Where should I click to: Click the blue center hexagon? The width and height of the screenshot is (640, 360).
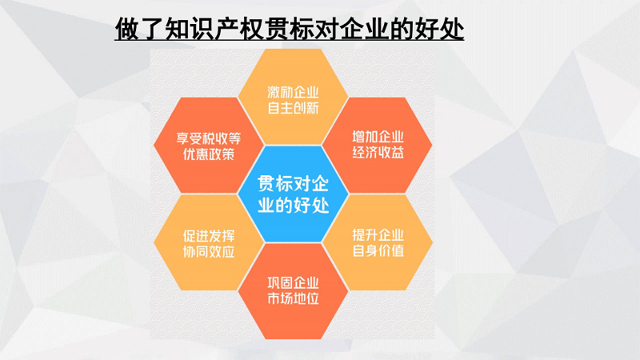click(293, 194)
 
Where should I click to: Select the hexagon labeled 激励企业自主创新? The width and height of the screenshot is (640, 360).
click(293, 97)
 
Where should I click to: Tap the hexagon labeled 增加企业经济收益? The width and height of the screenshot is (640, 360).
click(378, 145)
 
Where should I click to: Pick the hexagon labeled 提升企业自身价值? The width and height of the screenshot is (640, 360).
click(378, 242)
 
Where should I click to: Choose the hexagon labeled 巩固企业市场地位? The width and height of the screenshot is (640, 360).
click(293, 291)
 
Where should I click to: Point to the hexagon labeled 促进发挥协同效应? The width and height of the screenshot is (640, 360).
click(209, 242)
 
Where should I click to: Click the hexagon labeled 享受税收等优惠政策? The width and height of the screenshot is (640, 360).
click(209, 145)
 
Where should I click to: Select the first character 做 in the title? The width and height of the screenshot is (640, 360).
click(127, 29)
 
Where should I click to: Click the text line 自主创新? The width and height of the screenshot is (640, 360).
click(293, 108)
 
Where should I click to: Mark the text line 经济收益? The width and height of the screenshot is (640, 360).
click(378, 153)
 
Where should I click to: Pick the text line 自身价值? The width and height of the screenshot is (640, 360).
click(378, 250)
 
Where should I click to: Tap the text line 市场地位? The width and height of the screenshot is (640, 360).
click(293, 298)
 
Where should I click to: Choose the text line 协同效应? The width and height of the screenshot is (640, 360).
click(209, 251)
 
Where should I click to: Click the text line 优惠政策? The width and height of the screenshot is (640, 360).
click(209, 154)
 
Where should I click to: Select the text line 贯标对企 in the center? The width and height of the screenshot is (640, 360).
click(293, 184)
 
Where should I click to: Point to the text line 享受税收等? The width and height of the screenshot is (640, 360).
click(209, 138)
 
